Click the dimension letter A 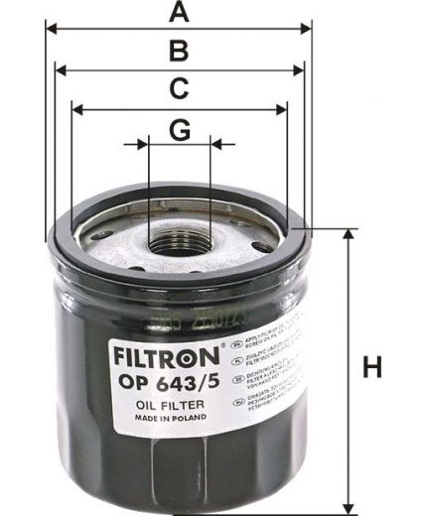coord(178,12)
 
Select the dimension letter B coord(178,51)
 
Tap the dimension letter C coord(178,89)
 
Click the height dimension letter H coord(372,368)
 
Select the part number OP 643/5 coord(161,380)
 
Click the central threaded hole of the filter coord(180,241)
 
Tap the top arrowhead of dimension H coord(349,235)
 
